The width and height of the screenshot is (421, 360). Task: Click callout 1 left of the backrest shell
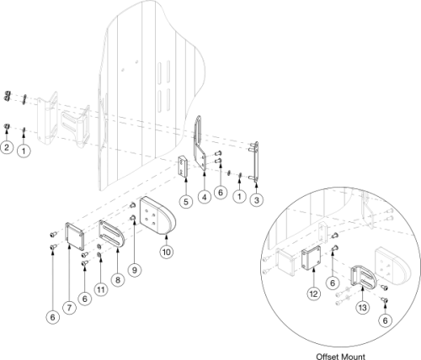(24, 150)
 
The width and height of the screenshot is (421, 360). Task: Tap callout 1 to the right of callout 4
(241, 197)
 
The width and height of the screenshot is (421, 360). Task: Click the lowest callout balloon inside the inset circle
(385, 320)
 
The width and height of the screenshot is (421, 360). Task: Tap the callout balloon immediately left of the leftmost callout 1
(7, 149)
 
